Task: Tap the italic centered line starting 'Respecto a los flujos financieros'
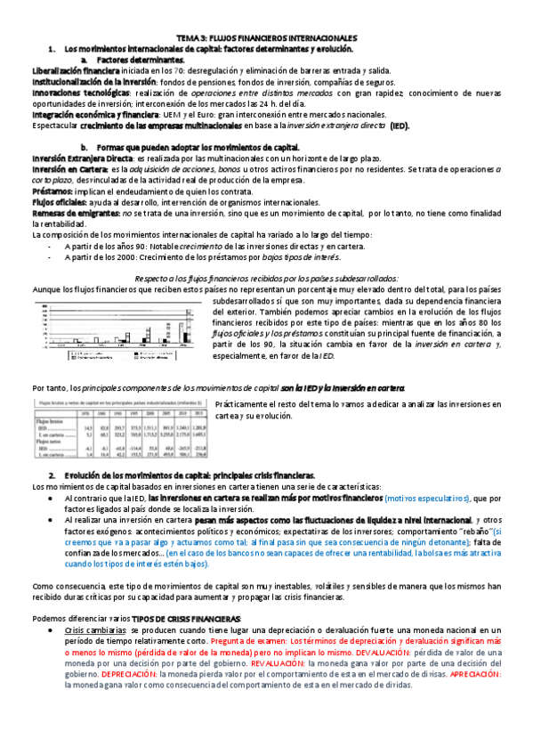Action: tap(266, 278)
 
